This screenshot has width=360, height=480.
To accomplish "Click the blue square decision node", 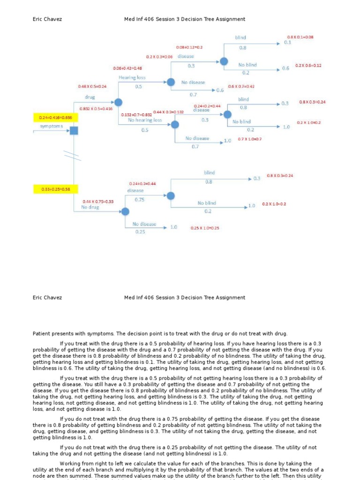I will tap(74, 131).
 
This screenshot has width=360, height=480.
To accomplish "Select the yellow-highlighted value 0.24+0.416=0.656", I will tap(52, 118).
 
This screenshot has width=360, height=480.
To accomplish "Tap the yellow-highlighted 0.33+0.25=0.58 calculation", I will tap(52, 189).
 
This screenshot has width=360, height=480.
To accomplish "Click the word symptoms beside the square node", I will tap(51, 127).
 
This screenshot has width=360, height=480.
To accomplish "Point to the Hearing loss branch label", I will tap(132, 77).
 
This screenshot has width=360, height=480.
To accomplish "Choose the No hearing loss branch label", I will tap(145, 120).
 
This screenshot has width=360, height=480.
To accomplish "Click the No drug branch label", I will tap(90, 207).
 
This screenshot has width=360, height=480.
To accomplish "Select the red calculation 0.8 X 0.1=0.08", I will tap(300, 37).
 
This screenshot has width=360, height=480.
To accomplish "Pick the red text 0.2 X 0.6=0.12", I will tap(308, 66).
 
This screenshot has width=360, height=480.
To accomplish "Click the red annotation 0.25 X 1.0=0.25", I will tap(205, 228).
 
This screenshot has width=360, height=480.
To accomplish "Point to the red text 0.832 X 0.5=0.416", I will tap(96, 108).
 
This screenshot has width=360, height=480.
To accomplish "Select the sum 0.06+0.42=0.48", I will tap(127, 68).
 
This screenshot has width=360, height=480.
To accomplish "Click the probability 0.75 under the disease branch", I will tap(140, 199).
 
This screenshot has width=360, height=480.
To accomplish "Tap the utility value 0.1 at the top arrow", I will tap(287, 42).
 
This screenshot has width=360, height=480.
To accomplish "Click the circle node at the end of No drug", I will tap(125, 212).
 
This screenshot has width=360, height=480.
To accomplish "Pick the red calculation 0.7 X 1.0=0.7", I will tap(249, 139).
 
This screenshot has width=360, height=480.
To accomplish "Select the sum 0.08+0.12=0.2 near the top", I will tap(189, 47).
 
